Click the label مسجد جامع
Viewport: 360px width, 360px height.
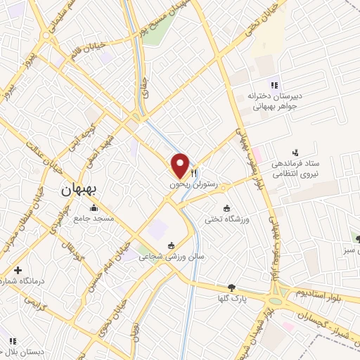coord(93,218)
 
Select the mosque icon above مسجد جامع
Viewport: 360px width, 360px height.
coord(94,208)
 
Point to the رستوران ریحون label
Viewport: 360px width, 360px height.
coord(188,184)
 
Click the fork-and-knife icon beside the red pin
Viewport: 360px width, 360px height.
coord(195,171)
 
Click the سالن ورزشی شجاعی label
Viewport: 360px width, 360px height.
coord(169,257)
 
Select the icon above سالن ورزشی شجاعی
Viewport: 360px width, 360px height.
coord(170,245)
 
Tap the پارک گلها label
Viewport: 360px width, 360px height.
coord(231,298)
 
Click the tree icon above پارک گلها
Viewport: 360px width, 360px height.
coord(231,288)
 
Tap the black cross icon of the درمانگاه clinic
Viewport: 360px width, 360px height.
coord(18,270)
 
